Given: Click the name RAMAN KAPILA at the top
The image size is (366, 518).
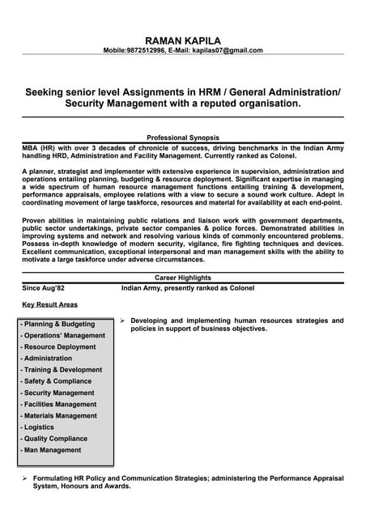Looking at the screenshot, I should tap(182, 40).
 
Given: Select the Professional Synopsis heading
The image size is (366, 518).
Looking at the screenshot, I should tap(182, 138).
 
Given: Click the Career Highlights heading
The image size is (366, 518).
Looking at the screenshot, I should tap(182, 277).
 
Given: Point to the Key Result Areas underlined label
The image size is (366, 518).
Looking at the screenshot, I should tap(50, 304).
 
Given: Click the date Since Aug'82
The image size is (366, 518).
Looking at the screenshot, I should tap(44, 287).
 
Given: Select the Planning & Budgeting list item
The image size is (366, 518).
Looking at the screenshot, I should tap(57, 324).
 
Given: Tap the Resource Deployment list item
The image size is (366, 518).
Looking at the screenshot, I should tap(60, 346).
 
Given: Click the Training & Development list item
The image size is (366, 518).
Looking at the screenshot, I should tap(62, 370).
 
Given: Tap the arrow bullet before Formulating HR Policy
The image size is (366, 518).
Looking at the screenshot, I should tap(24, 479).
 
